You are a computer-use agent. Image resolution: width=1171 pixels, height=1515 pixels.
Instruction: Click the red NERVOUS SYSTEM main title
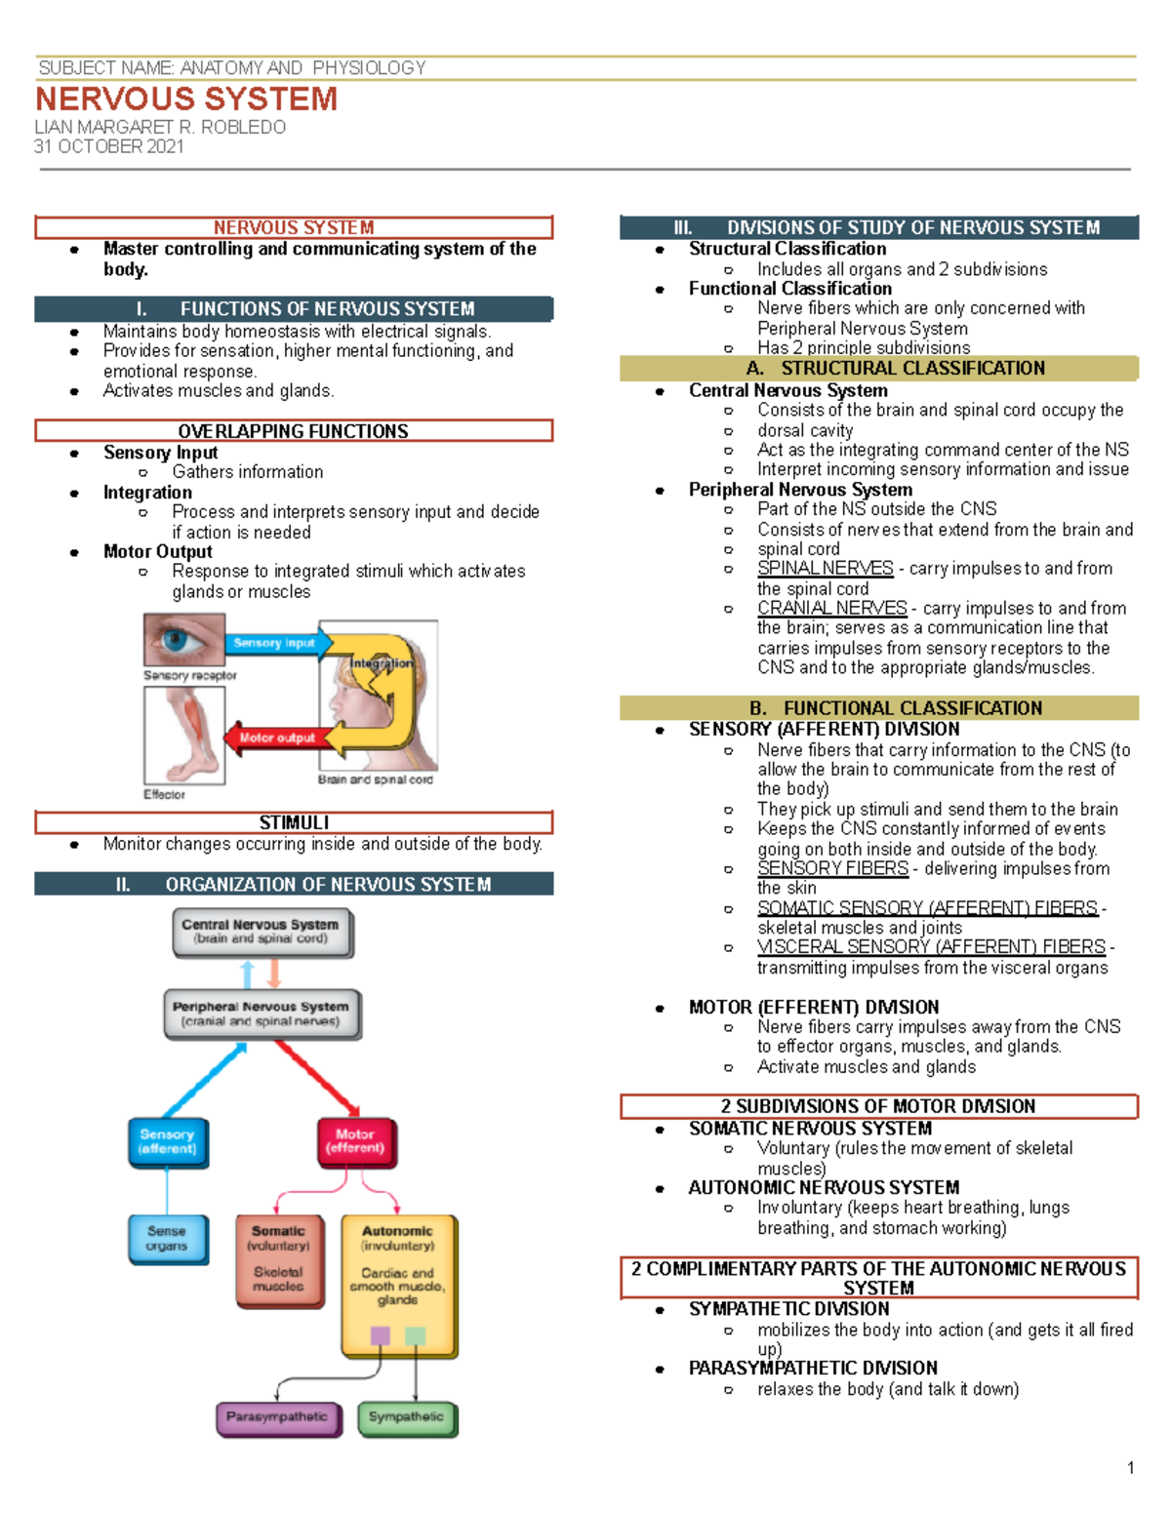[186, 99]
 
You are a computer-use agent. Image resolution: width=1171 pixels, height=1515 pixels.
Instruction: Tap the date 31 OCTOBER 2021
[108, 146]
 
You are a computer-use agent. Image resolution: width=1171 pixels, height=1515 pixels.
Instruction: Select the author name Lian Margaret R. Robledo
[160, 127]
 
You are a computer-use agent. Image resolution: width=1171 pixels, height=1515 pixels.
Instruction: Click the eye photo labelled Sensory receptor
[183, 640]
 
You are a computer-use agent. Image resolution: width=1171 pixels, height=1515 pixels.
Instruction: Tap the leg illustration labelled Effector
[184, 736]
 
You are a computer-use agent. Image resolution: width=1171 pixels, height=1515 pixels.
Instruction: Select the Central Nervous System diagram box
[261, 932]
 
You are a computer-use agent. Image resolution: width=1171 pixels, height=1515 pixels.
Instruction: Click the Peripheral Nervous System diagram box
[261, 1014]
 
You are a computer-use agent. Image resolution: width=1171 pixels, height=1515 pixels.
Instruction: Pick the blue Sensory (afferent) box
[168, 1142]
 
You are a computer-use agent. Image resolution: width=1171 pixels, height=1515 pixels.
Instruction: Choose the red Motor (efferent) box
[354, 1142]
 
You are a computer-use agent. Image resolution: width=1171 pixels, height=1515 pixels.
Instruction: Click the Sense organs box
[167, 1239]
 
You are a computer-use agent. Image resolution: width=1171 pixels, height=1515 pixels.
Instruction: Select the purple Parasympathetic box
[278, 1417]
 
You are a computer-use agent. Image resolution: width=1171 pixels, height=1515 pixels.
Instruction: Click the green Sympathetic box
[406, 1417]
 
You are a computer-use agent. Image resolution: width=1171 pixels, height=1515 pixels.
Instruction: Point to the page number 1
[1130, 1468]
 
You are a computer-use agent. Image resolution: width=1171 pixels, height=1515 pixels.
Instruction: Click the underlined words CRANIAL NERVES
[831, 608]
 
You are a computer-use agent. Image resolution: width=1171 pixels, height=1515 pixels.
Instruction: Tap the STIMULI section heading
[294, 822]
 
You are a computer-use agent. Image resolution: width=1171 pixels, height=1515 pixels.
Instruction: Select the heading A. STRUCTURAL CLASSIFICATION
[895, 368]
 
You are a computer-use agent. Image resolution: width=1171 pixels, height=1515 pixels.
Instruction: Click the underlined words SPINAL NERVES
[825, 568]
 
